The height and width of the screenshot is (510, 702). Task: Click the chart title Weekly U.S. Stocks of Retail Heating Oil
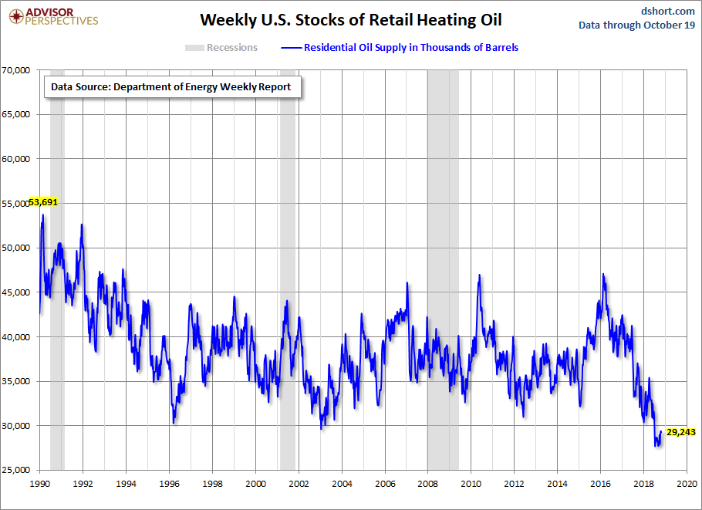(x=346, y=19)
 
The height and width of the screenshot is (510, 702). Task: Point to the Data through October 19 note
(x=637, y=25)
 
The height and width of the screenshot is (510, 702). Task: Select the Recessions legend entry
(x=221, y=48)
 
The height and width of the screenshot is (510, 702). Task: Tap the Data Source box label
(x=170, y=87)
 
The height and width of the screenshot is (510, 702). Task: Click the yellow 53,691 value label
(x=43, y=202)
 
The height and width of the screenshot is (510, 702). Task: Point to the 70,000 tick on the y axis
(x=15, y=70)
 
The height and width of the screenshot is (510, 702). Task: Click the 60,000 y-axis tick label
(x=15, y=159)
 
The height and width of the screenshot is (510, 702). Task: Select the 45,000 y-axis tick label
(x=15, y=292)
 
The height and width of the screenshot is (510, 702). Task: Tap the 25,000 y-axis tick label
(x=15, y=470)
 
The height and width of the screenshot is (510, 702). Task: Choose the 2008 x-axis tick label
(x=427, y=484)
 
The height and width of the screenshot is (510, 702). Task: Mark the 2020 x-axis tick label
(x=687, y=484)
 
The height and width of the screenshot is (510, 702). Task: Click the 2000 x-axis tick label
(x=255, y=484)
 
